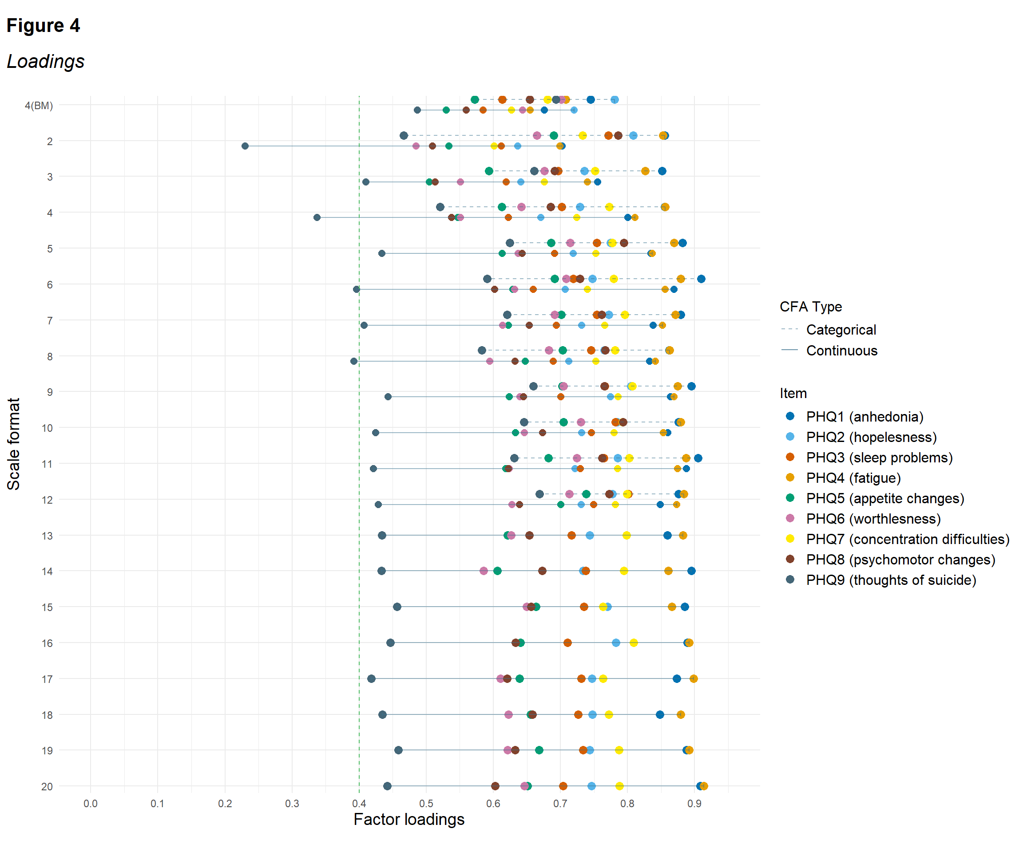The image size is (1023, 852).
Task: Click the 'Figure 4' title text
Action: tap(44, 25)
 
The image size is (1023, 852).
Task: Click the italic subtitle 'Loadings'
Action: tap(45, 61)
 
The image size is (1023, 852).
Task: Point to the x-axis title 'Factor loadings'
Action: tap(409, 819)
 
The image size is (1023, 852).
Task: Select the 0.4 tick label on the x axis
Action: tap(359, 803)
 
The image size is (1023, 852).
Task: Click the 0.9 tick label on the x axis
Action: tap(694, 803)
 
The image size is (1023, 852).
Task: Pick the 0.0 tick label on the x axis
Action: tap(90, 803)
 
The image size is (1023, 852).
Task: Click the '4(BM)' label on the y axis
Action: tap(39, 106)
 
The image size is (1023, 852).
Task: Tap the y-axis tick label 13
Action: tap(47, 536)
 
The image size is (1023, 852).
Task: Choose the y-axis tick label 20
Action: tap(47, 787)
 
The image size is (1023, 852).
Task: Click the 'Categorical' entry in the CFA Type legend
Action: tap(841, 330)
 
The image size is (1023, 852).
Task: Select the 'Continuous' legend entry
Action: tap(841, 351)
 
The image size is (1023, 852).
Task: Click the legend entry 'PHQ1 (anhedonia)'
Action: tap(864, 417)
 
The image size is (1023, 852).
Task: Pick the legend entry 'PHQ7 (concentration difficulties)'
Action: tap(908, 539)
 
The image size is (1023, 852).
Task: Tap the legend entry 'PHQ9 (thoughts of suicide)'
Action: tap(891, 580)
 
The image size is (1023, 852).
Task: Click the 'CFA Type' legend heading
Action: tap(811, 307)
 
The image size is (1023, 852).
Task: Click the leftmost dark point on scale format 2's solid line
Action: tap(245, 146)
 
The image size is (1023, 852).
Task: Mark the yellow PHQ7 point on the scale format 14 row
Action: tap(623, 571)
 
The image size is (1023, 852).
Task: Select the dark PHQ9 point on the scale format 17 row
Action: tap(371, 678)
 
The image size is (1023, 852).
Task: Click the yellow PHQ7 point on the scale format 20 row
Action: tap(619, 786)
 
